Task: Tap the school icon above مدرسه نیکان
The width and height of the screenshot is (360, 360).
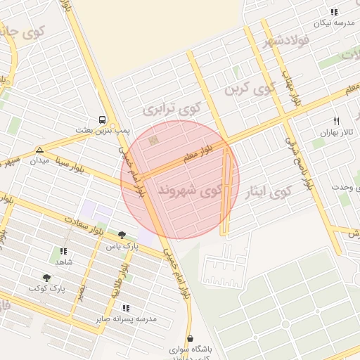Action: (334, 12)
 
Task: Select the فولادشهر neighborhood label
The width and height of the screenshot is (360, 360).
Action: (285, 41)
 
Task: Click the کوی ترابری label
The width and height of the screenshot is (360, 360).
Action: (172, 110)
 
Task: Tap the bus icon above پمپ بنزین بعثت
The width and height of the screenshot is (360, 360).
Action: (103, 120)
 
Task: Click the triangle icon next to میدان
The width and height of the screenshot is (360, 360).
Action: (39, 150)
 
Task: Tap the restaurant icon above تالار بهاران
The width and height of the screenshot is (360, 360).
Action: (336, 122)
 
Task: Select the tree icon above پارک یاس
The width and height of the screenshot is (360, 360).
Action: (122, 236)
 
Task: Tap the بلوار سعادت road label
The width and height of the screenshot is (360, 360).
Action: (86, 225)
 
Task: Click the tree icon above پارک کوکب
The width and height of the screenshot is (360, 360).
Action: (46, 278)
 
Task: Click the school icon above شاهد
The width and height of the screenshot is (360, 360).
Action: (63, 251)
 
